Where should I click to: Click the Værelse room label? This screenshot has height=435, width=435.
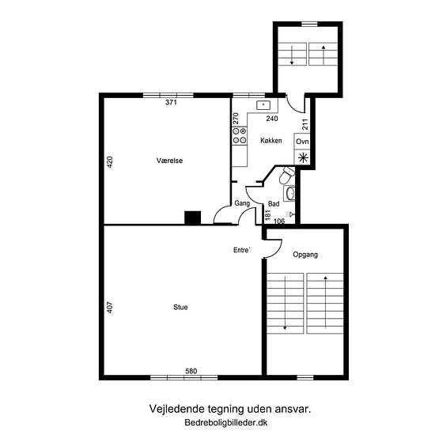(x=169, y=161)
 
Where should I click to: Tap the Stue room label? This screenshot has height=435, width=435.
(x=180, y=307)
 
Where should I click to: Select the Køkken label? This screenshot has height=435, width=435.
(x=271, y=141)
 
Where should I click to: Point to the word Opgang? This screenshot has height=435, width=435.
(x=305, y=255)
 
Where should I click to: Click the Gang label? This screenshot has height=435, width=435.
(x=242, y=203)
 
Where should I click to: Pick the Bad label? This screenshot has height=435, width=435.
(x=274, y=204)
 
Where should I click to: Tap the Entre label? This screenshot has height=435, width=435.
(x=242, y=250)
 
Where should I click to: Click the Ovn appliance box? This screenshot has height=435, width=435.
(x=302, y=142)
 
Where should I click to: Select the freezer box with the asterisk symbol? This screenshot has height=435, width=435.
(x=302, y=158)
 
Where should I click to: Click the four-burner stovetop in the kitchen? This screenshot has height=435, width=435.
(x=240, y=136)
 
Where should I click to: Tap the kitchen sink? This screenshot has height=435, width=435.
(x=263, y=105)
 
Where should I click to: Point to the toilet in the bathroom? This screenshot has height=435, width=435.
(x=286, y=175)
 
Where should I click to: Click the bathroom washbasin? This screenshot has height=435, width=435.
(x=289, y=193)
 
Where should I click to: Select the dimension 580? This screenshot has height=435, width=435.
(x=191, y=371)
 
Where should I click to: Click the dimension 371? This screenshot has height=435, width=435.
(x=171, y=102)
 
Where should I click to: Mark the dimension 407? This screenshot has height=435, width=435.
(x=110, y=308)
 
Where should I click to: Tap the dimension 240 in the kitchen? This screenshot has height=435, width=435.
(x=272, y=119)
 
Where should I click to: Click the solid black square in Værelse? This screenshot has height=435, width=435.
(x=193, y=217)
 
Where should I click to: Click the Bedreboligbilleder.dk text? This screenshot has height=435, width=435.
(x=226, y=423)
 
